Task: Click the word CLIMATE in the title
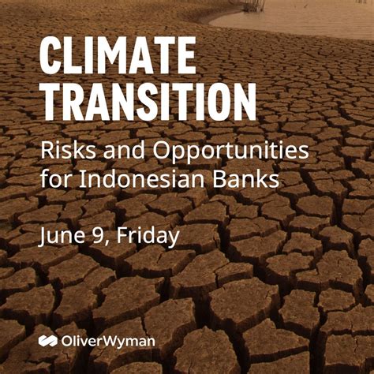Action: tap(116, 58)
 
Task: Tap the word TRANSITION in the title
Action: tap(148, 103)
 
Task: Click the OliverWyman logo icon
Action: tap(47, 342)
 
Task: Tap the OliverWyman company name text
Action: tap(107, 342)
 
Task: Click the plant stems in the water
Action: tap(252, 5)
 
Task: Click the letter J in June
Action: tap(44, 235)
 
